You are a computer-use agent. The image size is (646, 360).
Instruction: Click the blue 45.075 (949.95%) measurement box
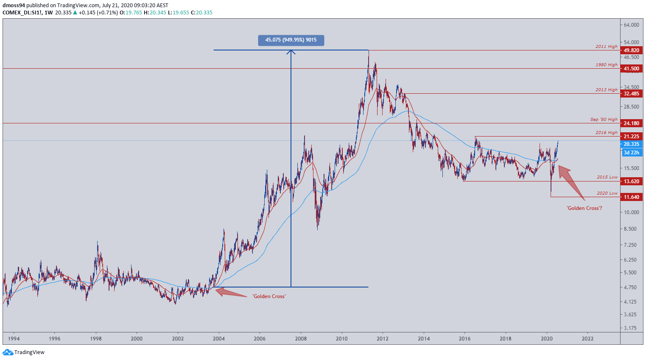(x=291, y=40)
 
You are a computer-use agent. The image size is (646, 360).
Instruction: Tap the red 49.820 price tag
(x=631, y=50)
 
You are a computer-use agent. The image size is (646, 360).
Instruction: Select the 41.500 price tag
(x=631, y=69)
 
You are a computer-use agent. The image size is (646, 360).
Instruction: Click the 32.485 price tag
(x=631, y=94)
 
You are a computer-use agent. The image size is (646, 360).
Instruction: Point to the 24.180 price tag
(x=631, y=123)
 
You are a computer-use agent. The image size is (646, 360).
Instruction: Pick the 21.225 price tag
(x=631, y=137)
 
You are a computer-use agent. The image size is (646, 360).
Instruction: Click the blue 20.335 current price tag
(x=631, y=144)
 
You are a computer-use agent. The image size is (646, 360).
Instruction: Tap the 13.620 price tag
(x=631, y=181)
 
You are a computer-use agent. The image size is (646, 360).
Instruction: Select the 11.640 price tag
(x=631, y=197)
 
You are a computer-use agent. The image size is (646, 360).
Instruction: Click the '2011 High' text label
(x=606, y=47)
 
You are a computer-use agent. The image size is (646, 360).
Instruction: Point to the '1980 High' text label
(x=606, y=65)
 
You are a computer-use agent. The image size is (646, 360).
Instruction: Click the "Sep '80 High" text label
(x=604, y=120)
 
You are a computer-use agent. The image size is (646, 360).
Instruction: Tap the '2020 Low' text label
(x=607, y=193)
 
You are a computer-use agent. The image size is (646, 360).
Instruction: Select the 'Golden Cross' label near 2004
(x=269, y=296)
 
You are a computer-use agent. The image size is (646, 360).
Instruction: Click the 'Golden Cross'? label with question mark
(x=584, y=208)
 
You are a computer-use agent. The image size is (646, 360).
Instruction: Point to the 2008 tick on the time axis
(x=301, y=338)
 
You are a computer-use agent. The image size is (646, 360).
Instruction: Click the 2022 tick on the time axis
(x=587, y=338)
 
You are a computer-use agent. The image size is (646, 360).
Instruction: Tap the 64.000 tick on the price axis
(x=631, y=25)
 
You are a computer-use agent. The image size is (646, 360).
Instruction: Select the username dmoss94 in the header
(x=14, y=6)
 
